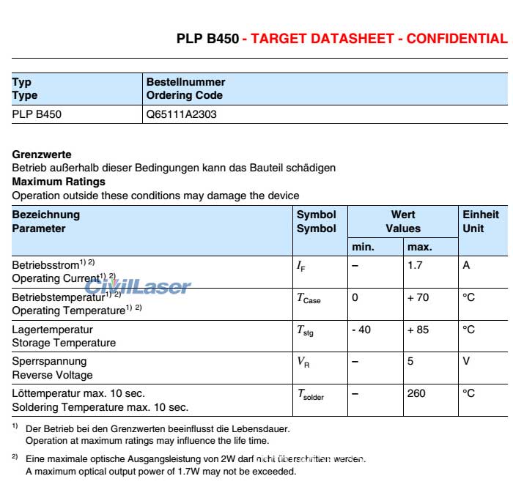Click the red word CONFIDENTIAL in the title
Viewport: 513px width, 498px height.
(456, 38)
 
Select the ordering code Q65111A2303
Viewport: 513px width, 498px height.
(181, 114)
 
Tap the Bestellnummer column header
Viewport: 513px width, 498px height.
(186, 82)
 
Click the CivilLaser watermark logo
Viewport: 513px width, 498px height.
(138, 286)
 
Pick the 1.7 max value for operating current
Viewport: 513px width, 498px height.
(415, 265)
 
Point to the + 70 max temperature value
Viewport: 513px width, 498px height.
(418, 297)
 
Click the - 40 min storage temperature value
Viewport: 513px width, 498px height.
(361, 330)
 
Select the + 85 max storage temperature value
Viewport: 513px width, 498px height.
(418, 330)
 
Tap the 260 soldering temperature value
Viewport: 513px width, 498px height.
(416, 393)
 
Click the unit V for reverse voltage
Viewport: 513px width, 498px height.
(466, 361)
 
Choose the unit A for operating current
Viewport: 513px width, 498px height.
(466, 265)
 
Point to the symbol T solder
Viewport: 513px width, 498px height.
(310, 395)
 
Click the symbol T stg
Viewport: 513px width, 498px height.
(305, 331)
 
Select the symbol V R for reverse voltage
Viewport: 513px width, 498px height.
(303, 362)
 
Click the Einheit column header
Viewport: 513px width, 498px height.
(481, 215)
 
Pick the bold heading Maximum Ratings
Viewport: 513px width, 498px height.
(59, 182)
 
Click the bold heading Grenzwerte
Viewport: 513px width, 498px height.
(42, 155)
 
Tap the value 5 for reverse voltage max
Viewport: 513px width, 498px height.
(410, 361)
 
